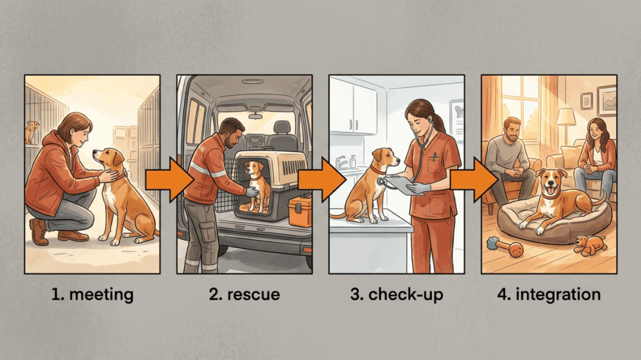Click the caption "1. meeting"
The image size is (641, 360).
(93, 294)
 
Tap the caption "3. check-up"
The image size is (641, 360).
(396, 295)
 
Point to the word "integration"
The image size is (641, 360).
(558, 294)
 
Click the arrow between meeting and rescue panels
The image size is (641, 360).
(168, 180)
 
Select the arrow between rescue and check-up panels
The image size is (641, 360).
(322, 180)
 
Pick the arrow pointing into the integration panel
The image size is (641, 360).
(474, 180)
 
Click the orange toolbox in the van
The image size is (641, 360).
(300, 212)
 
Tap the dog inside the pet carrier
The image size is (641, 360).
(256, 186)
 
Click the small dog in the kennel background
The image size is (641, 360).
(31, 131)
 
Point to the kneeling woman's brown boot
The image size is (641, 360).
(39, 232)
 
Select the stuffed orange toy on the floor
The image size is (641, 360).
(590, 245)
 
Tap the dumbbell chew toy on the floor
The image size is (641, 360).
(505, 247)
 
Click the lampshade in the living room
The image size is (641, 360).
(566, 117)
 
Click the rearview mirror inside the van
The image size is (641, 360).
(255, 116)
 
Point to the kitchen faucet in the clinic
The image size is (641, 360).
(341, 162)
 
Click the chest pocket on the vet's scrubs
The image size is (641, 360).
(435, 163)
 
